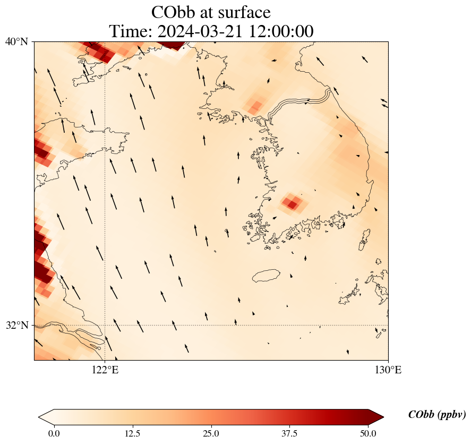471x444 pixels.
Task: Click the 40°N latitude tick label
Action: (16, 41)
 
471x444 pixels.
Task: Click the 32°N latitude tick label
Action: (16, 325)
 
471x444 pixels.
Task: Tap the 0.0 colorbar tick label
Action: (54, 433)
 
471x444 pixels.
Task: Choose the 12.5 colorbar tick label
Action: (132, 433)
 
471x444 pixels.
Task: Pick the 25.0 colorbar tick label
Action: (211, 433)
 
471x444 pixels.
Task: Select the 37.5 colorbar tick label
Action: (290, 433)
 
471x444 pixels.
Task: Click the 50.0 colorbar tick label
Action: (369, 433)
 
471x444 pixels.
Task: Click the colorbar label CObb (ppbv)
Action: (437, 415)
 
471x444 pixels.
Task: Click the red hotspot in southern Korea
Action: (292, 203)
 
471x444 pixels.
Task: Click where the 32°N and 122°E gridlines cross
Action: (105, 325)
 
